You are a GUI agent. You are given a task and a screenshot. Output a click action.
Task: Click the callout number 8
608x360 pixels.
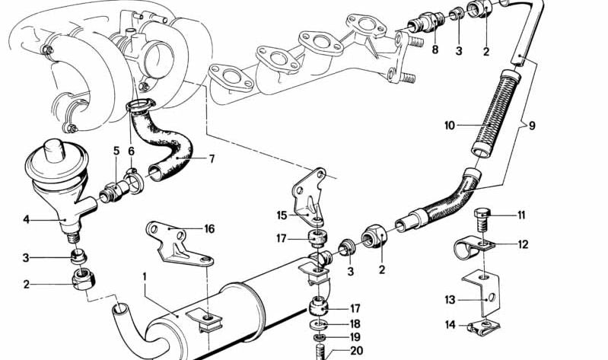[x=435, y=50]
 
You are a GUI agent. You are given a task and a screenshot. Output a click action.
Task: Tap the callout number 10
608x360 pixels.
[x=450, y=126]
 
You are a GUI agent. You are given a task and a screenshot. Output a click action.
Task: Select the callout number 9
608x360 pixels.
[x=532, y=126]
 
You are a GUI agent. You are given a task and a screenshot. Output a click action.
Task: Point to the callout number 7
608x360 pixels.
[x=212, y=158]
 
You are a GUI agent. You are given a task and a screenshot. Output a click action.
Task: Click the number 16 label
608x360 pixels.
[x=209, y=229]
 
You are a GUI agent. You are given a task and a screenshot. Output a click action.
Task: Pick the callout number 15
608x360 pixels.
[x=282, y=215]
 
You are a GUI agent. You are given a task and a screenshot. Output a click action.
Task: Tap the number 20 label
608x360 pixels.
[x=357, y=351]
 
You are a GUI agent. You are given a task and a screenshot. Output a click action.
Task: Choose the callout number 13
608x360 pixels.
[x=450, y=300]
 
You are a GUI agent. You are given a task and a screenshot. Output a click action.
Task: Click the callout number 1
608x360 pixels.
[x=145, y=277]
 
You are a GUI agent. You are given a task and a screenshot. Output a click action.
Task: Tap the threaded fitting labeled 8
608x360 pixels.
[x=426, y=23]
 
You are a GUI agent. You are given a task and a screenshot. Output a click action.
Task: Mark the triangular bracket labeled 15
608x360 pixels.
[x=309, y=197]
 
